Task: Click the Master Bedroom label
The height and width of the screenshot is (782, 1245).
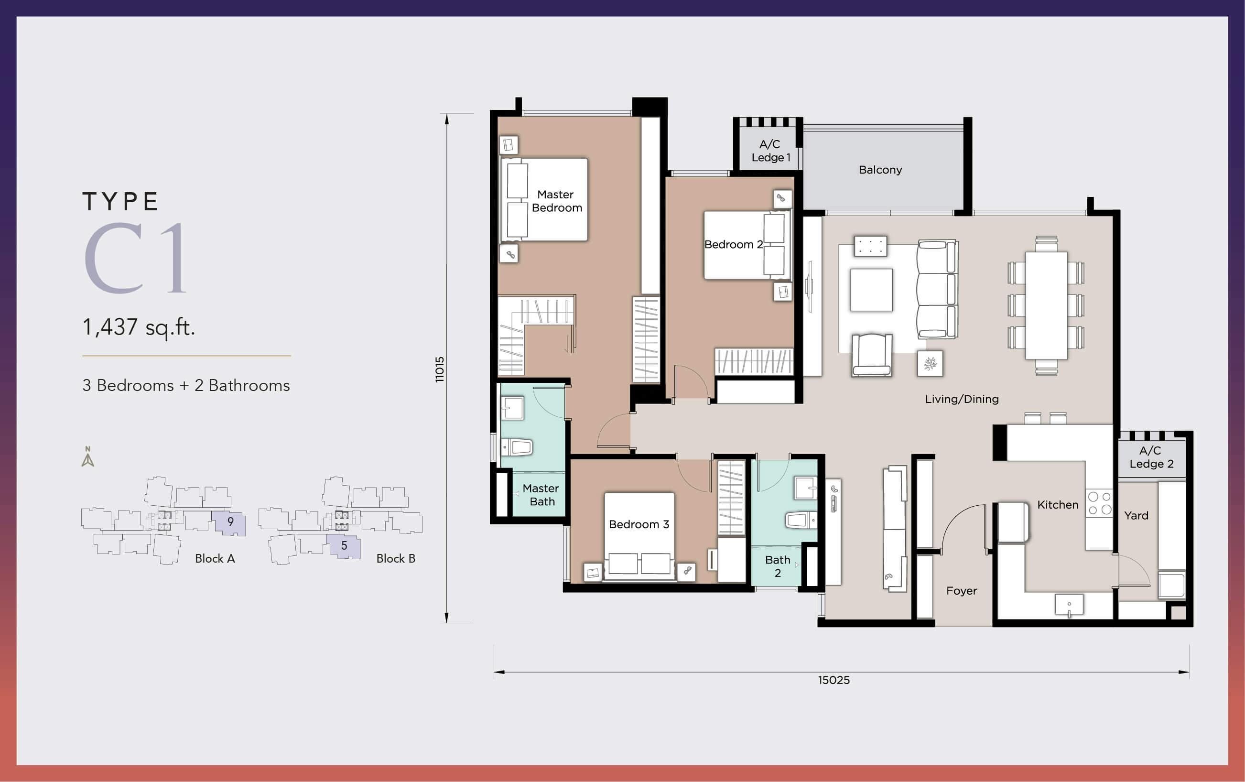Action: click(557, 201)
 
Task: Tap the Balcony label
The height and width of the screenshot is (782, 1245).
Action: click(880, 170)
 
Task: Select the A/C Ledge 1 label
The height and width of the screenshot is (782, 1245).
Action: click(770, 151)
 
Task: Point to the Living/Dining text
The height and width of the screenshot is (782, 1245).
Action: click(961, 399)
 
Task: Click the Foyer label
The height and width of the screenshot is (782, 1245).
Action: click(961, 591)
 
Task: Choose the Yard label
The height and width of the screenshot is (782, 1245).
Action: click(1136, 515)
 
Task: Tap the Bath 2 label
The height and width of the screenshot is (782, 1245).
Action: click(778, 566)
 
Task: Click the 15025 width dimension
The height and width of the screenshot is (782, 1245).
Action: click(834, 680)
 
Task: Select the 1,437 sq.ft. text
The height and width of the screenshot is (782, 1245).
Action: click(139, 327)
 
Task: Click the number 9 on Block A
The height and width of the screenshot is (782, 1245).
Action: click(230, 521)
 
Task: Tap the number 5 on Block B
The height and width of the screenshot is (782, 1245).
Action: click(344, 545)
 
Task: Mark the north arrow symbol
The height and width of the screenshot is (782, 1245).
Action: click(88, 456)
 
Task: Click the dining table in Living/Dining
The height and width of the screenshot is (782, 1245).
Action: click(1046, 305)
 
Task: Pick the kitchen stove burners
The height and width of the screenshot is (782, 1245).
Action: click(1099, 503)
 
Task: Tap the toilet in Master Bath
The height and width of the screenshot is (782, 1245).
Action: click(518, 447)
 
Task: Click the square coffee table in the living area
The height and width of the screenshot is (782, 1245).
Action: click(871, 290)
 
